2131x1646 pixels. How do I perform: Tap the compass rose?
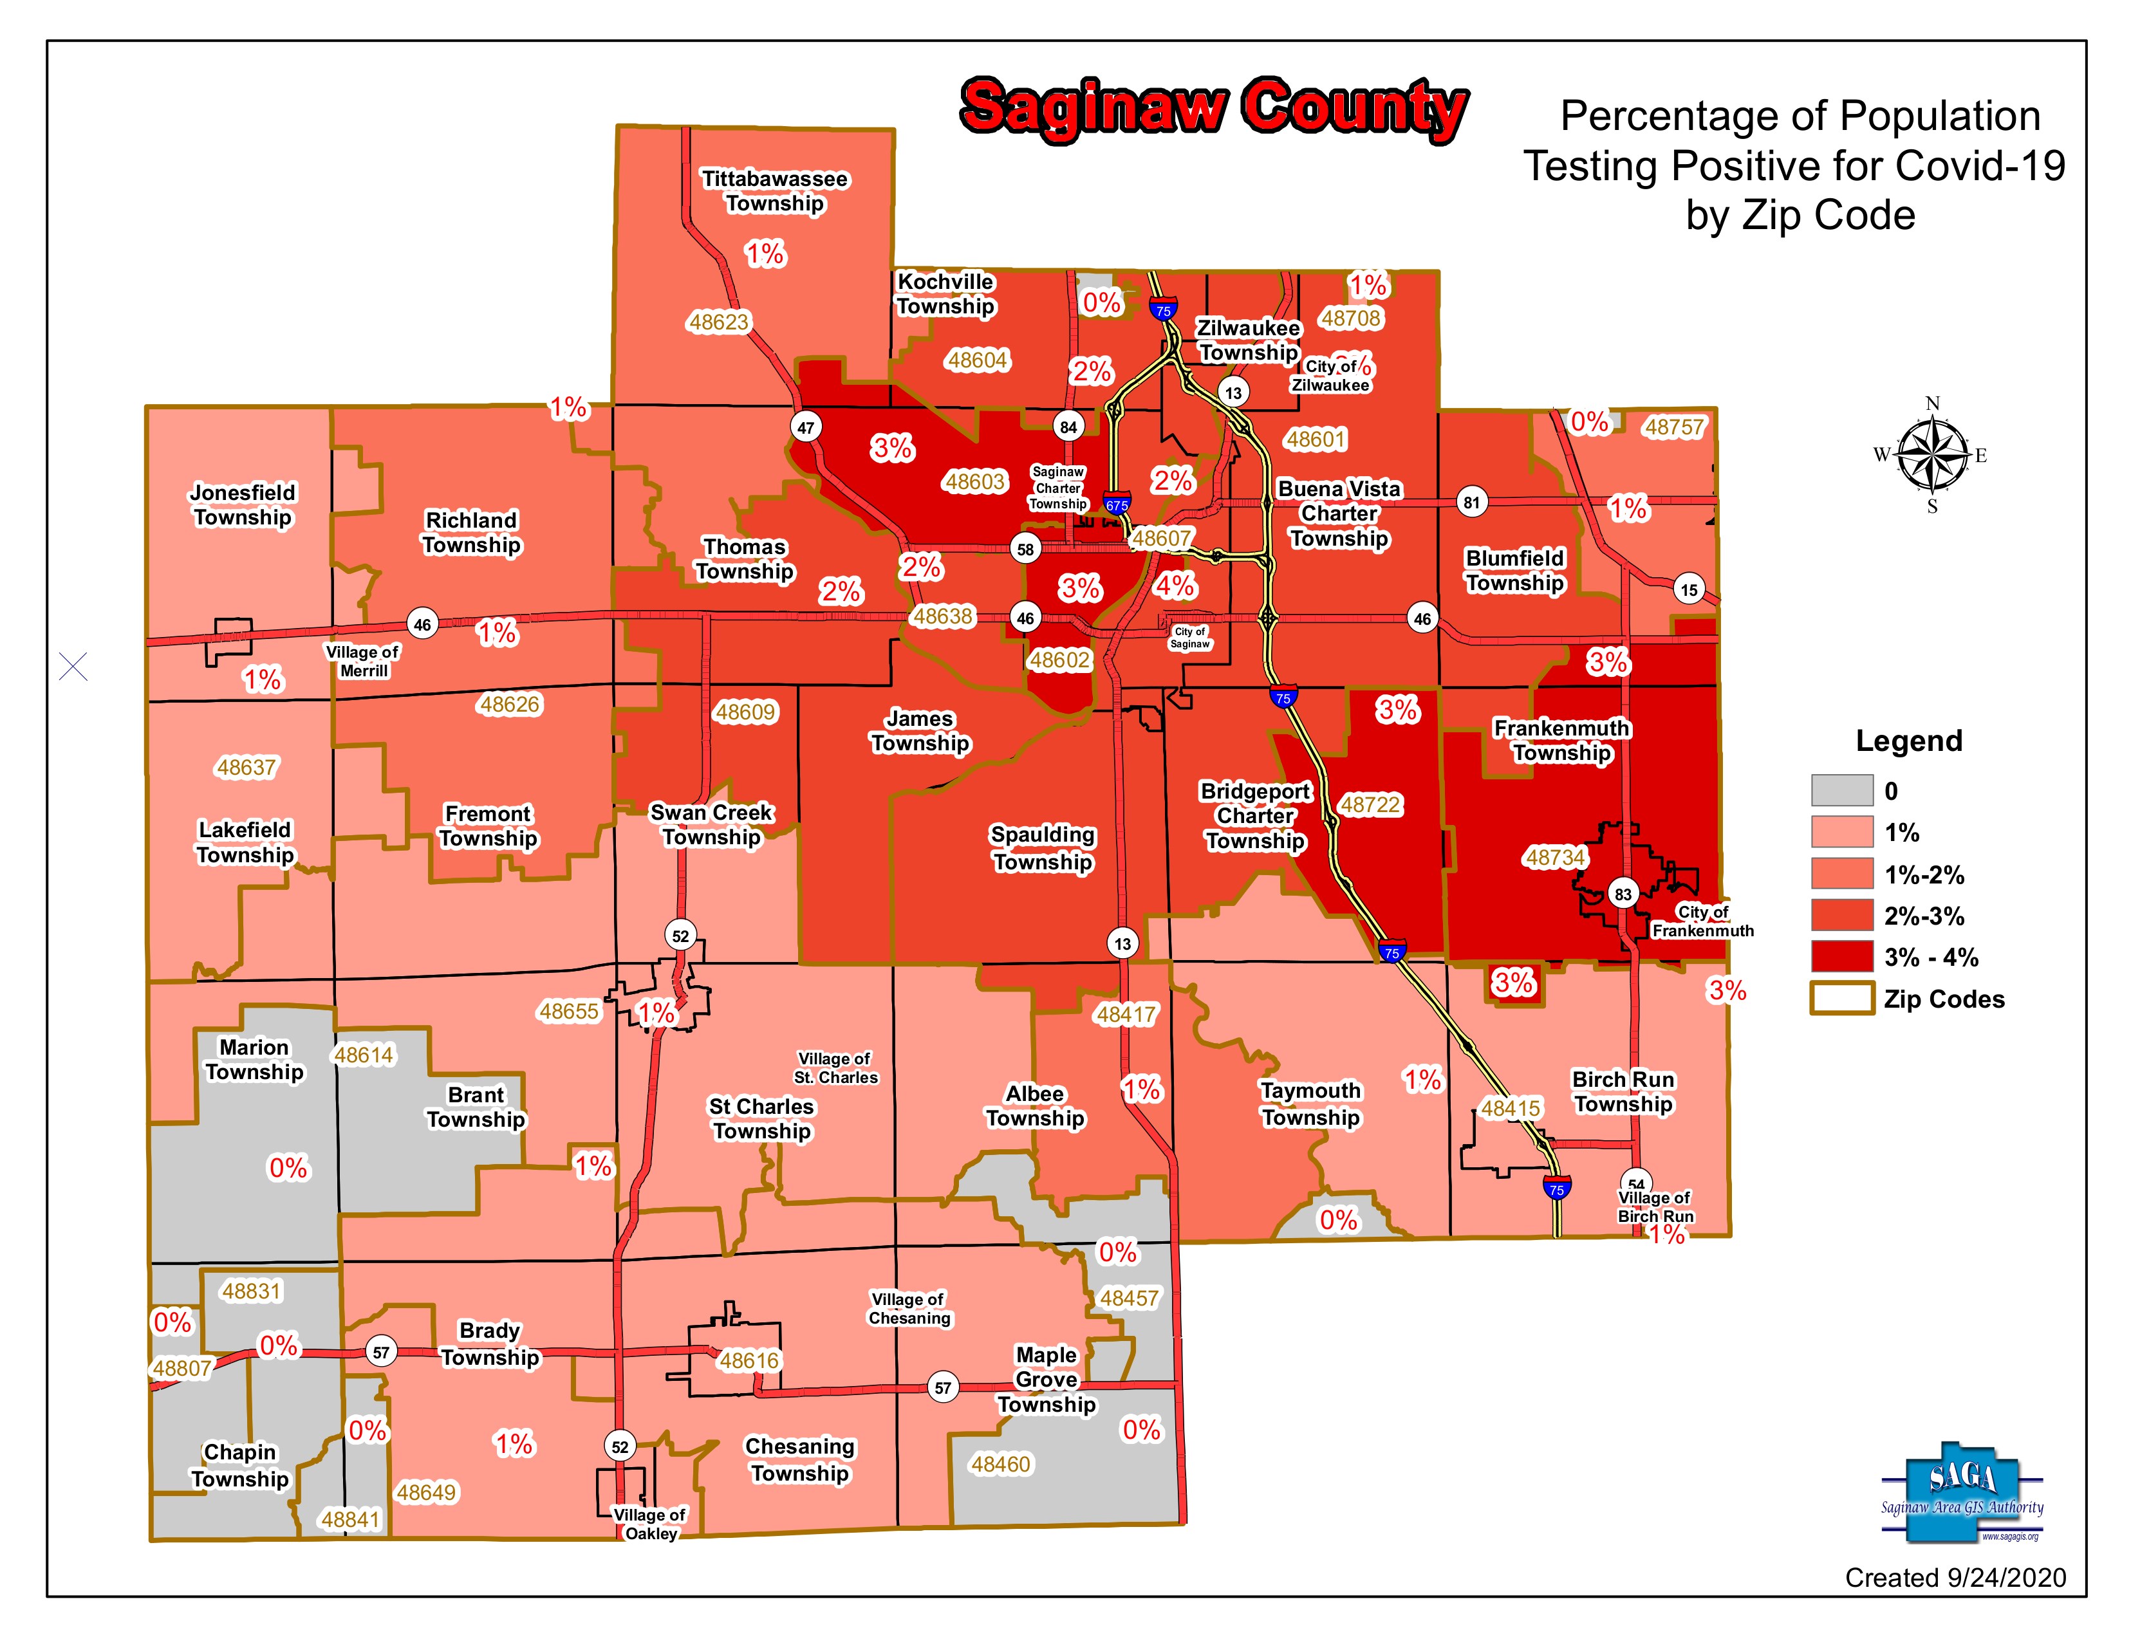pos(1932,455)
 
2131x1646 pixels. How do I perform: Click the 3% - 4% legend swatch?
pos(1841,957)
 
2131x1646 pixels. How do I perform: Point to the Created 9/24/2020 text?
pos(1955,1578)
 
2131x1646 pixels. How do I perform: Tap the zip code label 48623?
pos(718,322)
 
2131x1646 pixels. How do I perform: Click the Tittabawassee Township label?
pos(775,191)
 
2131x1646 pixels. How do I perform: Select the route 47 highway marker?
pos(805,427)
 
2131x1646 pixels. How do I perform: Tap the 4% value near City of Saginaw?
pos(1174,586)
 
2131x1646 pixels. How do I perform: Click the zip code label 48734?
pos(1556,858)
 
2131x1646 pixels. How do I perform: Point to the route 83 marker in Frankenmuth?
pos(1623,894)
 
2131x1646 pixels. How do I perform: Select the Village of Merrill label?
pos(363,661)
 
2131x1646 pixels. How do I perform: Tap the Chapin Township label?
pos(240,1465)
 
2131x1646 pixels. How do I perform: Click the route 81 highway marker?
pos(1471,503)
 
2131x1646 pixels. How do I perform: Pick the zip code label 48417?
pos(1126,1015)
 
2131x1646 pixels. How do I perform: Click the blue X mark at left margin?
pos(73,667)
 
